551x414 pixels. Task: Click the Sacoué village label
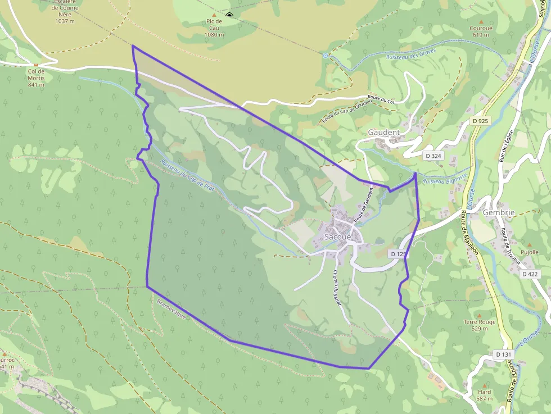click(337, 237)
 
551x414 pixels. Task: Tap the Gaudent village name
click(383, 133)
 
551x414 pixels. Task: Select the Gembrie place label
click(499, 213)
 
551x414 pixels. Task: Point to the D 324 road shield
click(432, 156)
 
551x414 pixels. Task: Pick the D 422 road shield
click(530, 274)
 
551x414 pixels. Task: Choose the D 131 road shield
click(504, 354)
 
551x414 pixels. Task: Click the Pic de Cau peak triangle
click(214, 15)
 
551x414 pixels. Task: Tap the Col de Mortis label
click(36, 75)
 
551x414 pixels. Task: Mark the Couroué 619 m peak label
click(481, 31)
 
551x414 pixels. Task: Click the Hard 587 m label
click(484, 395)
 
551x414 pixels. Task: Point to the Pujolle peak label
click(529, 252)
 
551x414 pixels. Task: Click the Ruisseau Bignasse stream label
click(444, 179)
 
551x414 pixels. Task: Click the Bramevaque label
click(171, 310)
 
